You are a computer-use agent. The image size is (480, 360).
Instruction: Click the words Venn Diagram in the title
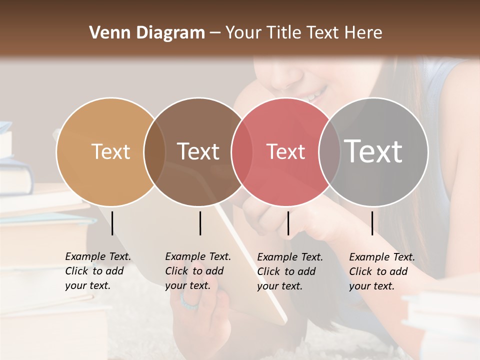click(146, 33)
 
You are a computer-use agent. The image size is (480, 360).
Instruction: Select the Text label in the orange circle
click(110, 151)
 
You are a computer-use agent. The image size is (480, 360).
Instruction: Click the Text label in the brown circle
click(198, 151)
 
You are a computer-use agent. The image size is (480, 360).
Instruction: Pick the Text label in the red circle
click(285, 151)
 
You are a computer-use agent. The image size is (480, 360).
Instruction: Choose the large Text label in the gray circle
click(373, 151)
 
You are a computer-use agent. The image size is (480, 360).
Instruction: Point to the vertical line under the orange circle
click(112, 223)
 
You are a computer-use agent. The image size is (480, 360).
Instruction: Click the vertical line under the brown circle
click(200, 223)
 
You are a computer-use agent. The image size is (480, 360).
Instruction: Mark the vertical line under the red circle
click(288, 223)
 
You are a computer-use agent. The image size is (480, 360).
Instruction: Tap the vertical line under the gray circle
click(372, 223)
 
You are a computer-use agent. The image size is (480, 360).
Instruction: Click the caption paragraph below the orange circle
click(98, 271)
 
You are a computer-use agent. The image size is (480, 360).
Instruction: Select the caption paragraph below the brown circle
click(198, 271)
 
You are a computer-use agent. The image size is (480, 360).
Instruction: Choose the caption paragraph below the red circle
click(290, 271)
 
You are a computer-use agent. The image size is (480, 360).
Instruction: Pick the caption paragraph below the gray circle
click(382, 271)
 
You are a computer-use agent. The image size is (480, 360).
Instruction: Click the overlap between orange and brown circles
click(154, 151)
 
